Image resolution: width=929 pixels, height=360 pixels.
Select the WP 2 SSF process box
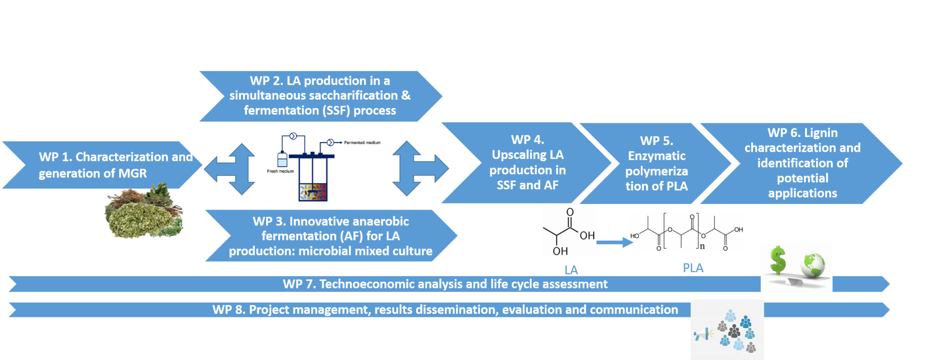pyautogui.click(x=320, y=96)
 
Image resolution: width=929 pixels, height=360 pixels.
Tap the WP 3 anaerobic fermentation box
pyautogui.click(x=330, y=236)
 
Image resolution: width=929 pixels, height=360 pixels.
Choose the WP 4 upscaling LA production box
pyautogui.click(x=527, y=163)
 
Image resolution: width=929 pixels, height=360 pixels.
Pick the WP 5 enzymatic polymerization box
pyautogui.click(x=656, y=164)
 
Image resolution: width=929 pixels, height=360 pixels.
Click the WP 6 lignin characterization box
pyautogui.click(x=802, y=163)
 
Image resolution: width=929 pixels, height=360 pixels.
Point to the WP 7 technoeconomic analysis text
pyautogui.click(x=445, y=284)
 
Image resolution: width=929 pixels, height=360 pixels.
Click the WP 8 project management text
pyautogui.click(x=445, y=310)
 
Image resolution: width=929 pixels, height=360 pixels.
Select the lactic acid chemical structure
pyautogui.click(x=569, y=231)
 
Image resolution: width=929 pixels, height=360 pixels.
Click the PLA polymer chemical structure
pyautogui.click(x=686, y=232)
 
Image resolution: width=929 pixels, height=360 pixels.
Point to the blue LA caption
pyautogui.click(x=571, y=270)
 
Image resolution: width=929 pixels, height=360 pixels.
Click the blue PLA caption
pyautogui.click(x=693, y=268)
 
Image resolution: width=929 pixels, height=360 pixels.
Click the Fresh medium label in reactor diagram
pyautogui.click(x=280, y=171)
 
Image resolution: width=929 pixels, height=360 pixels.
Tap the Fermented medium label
pyautogui.click(x=362, y=142)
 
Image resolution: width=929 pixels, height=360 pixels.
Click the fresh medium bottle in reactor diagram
pyautogui.click(x=282, y=160)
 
